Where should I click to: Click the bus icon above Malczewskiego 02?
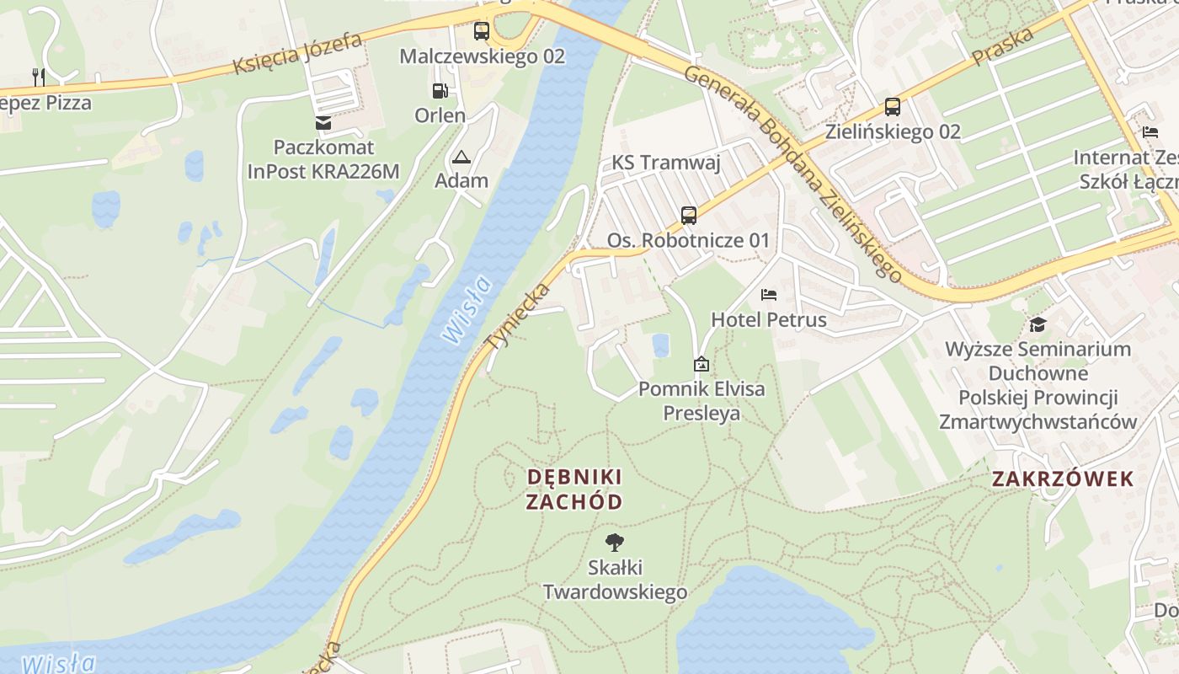click(x=481, y=31)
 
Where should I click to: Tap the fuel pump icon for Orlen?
click(x=440, y=91)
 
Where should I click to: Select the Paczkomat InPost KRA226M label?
click(x=323, y=159)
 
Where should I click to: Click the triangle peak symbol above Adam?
click(x=461, y=157)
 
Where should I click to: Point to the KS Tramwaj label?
click(x=666, y=163)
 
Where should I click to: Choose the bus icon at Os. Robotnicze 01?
click(x=689, y=215)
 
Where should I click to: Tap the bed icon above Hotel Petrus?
click(x=769, y=295)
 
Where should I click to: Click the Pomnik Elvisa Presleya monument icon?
click(x=701, y=364)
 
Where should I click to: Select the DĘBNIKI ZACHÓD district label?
click(x=574, y=489)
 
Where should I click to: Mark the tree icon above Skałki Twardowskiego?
click(x=615, y=542)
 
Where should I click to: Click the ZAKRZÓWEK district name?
click(x=1063, y=479)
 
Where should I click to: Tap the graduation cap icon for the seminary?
click(x=1038, y=324)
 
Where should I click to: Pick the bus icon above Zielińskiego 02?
click(x=893, y=107)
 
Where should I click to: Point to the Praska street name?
click(x=1002, y=47)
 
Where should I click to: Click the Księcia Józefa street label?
click(x=297, y=53)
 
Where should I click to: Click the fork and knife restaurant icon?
click(x=38, y=77)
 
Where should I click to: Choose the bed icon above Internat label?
click(x=1150, y=131)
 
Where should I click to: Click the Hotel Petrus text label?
click(x=769, y=320)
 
